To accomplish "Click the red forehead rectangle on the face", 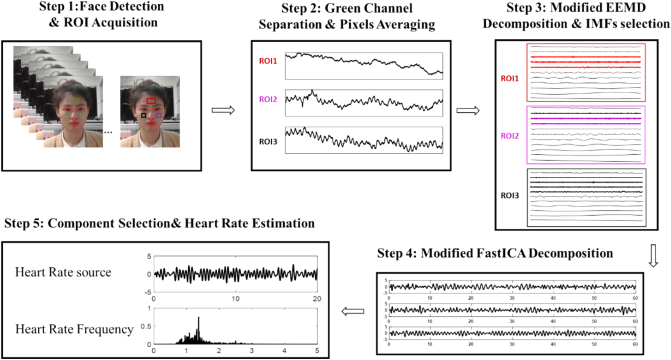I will point(151,101).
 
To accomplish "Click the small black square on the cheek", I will point(144,115).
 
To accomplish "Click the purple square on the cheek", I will point(159,115).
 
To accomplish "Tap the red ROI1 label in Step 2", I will point(268,61).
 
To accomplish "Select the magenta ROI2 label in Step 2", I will point(268,99).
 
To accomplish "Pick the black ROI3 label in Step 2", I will point(268,142).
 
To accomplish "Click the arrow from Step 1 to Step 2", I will point(223,110).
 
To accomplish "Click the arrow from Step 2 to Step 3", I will point(468,111).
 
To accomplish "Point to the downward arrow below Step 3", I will point(653,255).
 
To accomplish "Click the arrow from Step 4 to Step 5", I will point(353,311).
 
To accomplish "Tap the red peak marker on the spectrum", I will point(199,317).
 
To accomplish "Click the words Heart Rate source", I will point(63,272).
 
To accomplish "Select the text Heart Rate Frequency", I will point(74,329).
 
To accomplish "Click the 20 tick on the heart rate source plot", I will point(317,299).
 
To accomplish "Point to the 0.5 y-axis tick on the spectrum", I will point(146,326).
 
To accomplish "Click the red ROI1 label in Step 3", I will point(509,78).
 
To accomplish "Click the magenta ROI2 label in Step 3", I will point(509,136).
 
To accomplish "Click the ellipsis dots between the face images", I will point(108,133).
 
